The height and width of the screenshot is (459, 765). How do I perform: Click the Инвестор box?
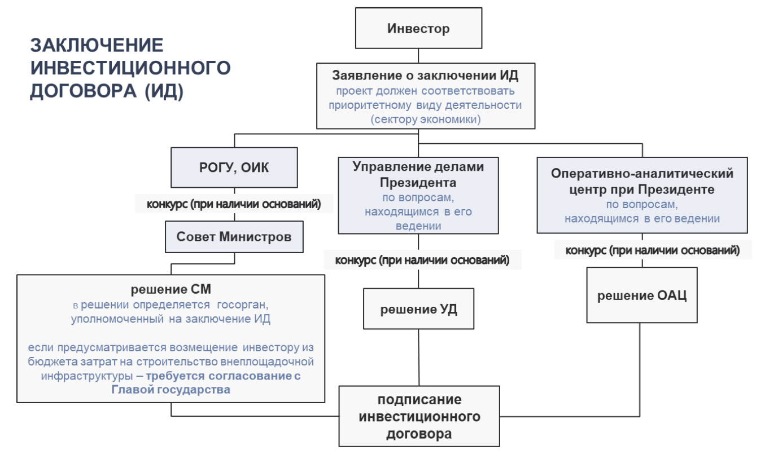[418, 28]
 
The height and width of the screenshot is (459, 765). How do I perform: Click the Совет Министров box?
[234, 236]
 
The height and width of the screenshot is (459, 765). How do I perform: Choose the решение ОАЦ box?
[641, 295]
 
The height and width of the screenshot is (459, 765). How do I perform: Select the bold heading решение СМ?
[171, 290]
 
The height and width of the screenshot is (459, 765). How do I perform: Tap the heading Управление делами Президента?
[418, 175]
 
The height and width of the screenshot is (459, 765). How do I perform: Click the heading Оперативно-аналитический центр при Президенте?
[641, 182]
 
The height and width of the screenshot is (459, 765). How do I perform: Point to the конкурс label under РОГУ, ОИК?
[234, 204]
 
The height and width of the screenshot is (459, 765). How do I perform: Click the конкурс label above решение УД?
[422, 260]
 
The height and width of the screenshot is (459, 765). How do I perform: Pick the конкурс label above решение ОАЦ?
[653, 250]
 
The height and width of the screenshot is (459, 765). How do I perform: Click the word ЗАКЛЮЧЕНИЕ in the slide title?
[97, 45]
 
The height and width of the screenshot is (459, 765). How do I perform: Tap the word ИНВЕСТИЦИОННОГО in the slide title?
[130, 68]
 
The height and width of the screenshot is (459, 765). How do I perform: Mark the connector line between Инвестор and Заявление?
[418, 55]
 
